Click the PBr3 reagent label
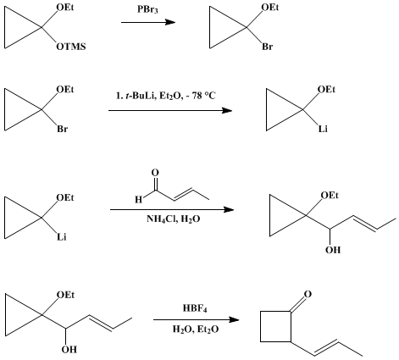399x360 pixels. click(x=147, y=10)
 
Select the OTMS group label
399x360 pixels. click(x=71, y=47)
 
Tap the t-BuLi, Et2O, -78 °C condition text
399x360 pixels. click(x=165, y=96)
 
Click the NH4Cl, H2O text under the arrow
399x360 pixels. click(x=174, y=219)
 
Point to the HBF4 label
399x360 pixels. click(x=195, y=308)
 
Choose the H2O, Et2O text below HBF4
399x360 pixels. click(x=196, y=330)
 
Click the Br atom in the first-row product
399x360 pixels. click(x=267, y=47)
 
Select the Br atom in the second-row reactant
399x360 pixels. click(x=63, y=129)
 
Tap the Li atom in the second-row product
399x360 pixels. click(x=323, y=129)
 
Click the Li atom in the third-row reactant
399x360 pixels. click(x=61, y=236)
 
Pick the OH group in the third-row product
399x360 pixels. click(x=333, y=250)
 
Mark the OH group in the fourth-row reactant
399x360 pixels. click(x=69, y=350)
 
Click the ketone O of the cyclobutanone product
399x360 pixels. click(x=308, y=294)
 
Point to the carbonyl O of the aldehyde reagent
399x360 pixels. click(x=155, y=172)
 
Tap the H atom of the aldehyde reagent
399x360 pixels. click(x=138, y=200)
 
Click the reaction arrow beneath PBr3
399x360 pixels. click(x=148, y=22)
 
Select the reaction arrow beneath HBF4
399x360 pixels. click(x=197, y=319)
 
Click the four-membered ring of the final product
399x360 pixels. click(x=260, y=327)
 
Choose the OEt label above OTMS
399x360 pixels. click(x=65, y=8)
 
